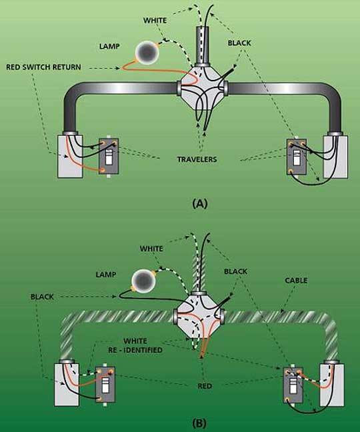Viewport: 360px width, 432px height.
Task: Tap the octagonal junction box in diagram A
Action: (202, 86)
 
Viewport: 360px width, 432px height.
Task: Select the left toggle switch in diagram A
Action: (107, 157)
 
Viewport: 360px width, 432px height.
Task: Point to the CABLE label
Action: (294, 281)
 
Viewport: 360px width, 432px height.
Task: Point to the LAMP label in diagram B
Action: (105, 274)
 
